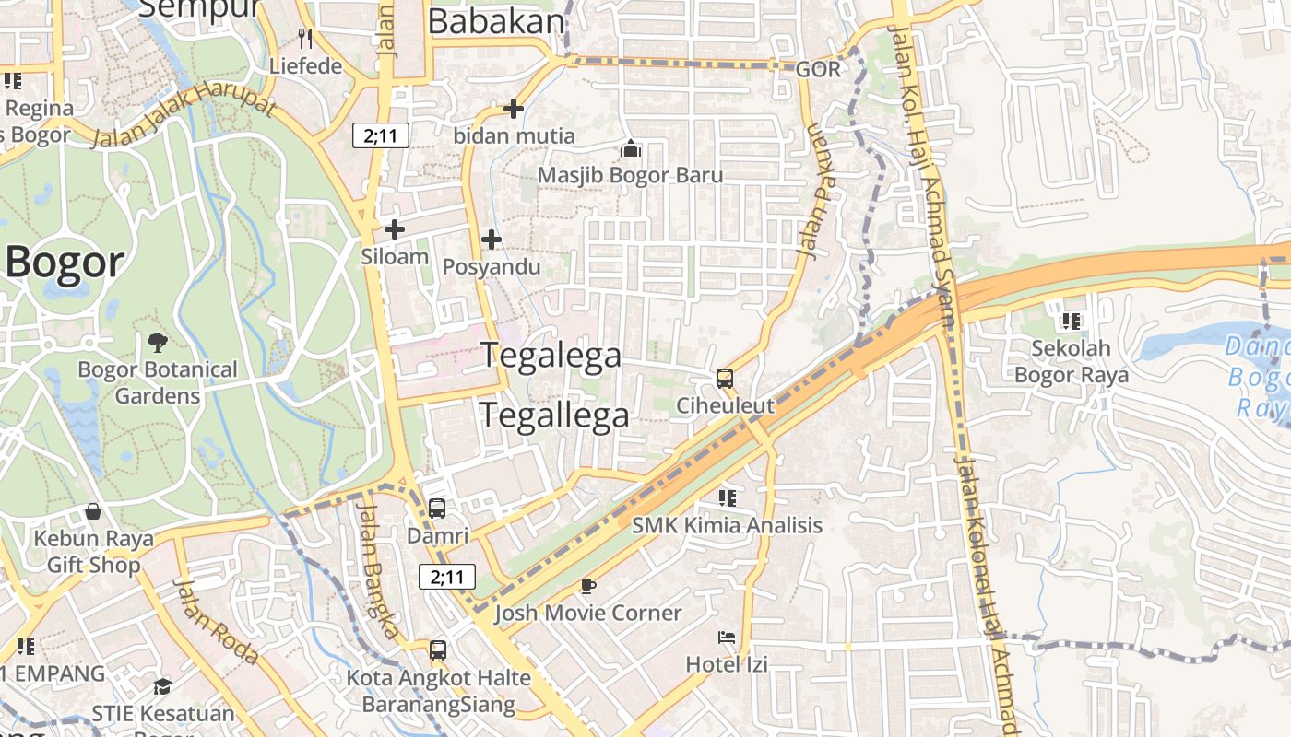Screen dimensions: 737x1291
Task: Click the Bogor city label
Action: tap(65, 263)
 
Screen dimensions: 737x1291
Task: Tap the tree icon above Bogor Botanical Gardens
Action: tap(158, 343)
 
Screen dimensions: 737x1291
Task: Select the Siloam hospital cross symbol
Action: tap(395, 229)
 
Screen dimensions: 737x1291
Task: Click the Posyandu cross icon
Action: tap(492, 240)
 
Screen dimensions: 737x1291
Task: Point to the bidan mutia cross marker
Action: tap(514, 109)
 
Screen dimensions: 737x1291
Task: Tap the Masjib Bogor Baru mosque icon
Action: tap(631, 147)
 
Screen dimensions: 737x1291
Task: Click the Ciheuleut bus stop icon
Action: tap(725, 378)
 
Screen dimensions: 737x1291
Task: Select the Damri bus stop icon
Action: tap(437, 509)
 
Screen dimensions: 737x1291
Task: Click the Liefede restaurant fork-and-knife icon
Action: tap(305, 39)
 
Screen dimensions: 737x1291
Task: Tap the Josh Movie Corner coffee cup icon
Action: tap(587, 586)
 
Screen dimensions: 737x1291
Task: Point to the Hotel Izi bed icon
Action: tap(727, 637)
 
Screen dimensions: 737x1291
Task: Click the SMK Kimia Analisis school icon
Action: tap(727, 498)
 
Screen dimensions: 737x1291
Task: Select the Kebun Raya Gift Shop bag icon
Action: tap(93, 511)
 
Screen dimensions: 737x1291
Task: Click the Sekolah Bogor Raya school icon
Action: tap(1071, 322)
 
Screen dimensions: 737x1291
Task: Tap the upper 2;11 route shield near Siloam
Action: tap(381, 136)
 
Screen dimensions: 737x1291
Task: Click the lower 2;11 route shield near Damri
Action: tap(447, 578)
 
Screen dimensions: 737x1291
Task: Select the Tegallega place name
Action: tap(554, 415)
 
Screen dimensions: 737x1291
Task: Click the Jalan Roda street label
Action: tap(217, 622)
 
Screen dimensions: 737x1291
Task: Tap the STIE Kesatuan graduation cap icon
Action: tap(162, 686)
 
